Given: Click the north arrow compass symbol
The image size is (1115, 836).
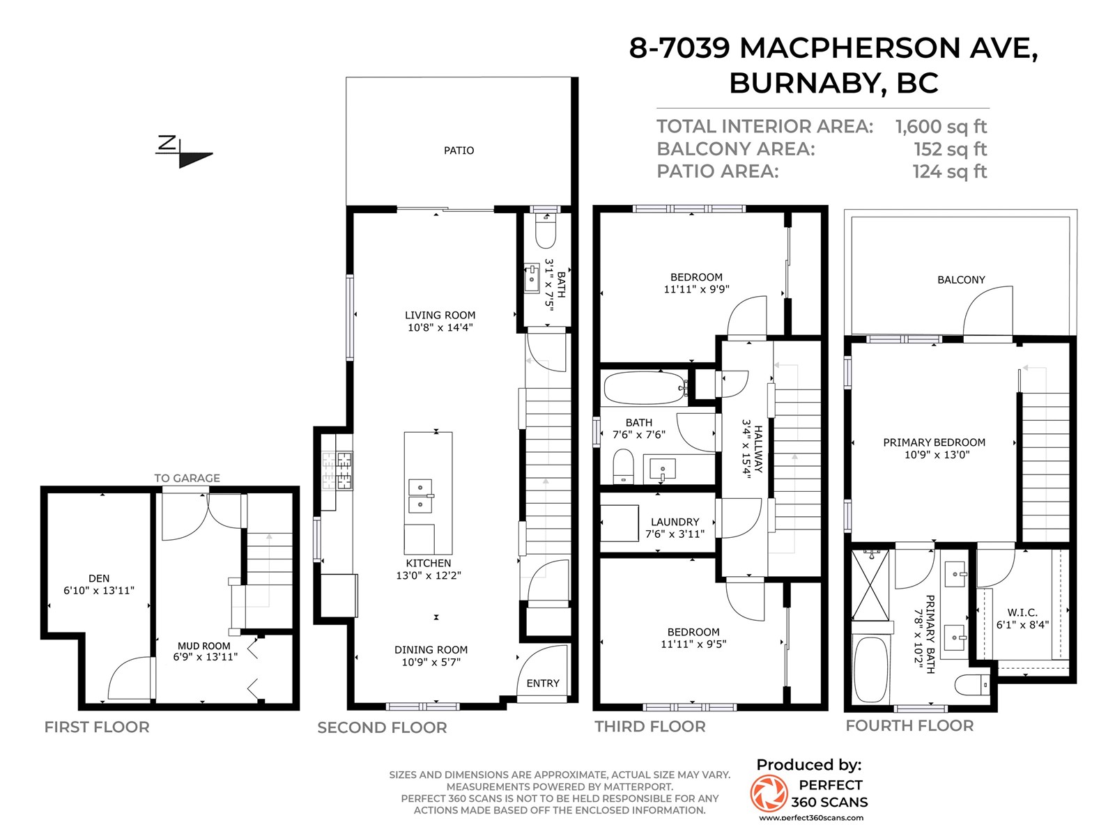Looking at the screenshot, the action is tap(184, 152).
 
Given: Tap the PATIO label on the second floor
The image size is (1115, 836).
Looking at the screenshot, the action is tap(459, 150).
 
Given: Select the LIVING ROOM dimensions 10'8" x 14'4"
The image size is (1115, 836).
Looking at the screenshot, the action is tap(440, 327).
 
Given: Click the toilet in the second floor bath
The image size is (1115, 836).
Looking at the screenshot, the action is tap(545, 231).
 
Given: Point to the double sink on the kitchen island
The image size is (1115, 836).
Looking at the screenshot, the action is tap(421, 495).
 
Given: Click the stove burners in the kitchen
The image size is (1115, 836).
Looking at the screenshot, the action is tap(337, 470).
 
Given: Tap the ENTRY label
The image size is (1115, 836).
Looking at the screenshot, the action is tap(542, 683).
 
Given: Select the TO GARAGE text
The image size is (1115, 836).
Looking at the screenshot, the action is tap(187, 478).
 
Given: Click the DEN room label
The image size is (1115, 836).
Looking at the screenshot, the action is tap(98, 578).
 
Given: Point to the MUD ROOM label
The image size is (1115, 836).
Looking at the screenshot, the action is tap(203, 646).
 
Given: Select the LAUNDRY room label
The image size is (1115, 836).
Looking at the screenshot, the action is tap(675, 522).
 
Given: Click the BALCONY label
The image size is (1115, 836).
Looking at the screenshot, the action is tap(960, 279).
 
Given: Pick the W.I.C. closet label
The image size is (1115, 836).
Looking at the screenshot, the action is tap(1022, 612).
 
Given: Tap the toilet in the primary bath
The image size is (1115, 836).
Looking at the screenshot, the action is tap(971, 685).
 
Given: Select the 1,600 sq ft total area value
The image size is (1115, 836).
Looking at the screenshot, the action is tap(941, 126).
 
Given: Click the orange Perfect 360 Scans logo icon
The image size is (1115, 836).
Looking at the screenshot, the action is tap(769, 793).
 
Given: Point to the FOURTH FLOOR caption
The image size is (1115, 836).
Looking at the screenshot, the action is tap(909, 726).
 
